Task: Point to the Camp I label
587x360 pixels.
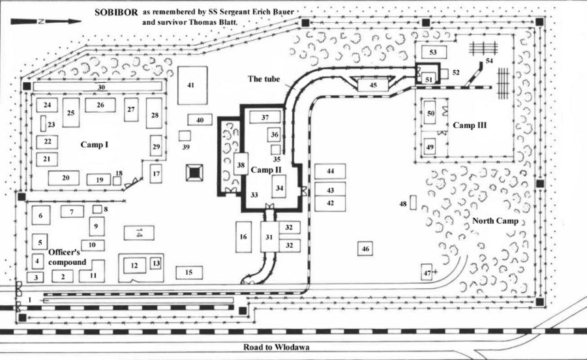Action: coord(94,144)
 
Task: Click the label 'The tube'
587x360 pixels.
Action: coord(263,79)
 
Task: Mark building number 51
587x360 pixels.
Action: coord(428,78)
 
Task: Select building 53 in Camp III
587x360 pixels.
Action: coord(432,52)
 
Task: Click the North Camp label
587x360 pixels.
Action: coord(498,221)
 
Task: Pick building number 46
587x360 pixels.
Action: coord(365,248)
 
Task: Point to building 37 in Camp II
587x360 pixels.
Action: coord(265,118)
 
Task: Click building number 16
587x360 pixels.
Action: coord(243,236)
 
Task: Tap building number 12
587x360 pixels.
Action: coord(134,265)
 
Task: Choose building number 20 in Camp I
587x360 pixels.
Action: coord(65,177)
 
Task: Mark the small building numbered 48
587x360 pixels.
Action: coord(412,203)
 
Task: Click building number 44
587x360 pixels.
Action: coord(330,171)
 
